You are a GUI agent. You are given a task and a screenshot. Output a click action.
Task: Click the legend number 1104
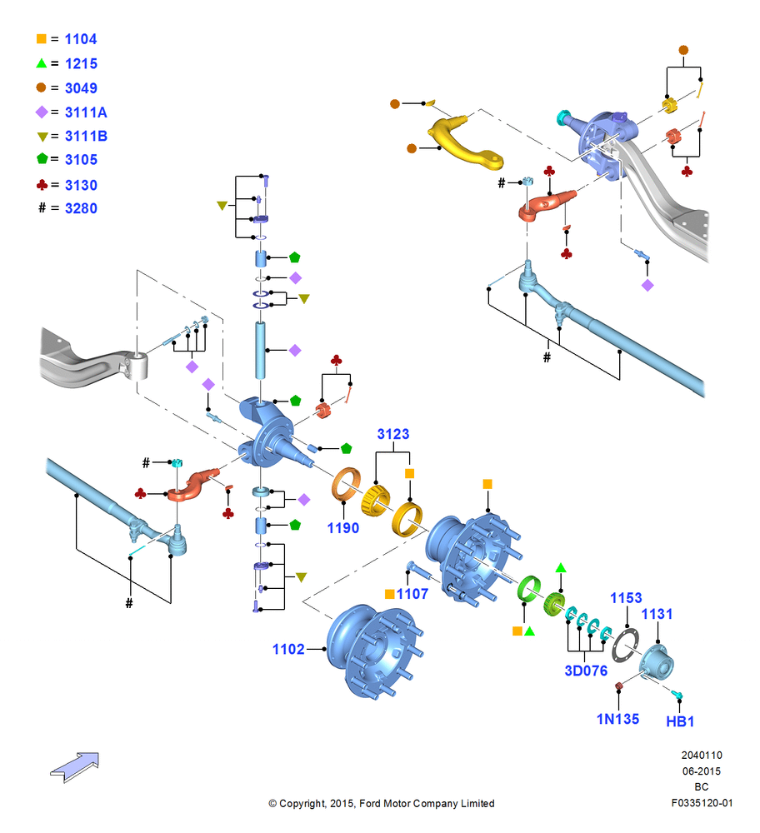tap(81, 39)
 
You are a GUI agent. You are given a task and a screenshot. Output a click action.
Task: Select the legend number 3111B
tap(86, 137)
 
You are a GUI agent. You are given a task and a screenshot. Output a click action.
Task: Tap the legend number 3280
tap(81, 208)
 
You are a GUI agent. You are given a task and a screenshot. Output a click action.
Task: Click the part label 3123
tap(393, 434)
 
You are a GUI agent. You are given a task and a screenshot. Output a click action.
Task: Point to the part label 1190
tap(343, 528)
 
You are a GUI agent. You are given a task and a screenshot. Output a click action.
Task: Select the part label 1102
tap(288, 649)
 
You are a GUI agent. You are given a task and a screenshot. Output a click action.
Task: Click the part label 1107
tap(412, 594)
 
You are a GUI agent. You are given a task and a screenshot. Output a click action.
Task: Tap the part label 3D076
tap(586, 671)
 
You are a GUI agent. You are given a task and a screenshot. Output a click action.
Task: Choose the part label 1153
tap(626, 598)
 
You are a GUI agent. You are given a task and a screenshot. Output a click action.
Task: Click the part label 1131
tap(657, 614)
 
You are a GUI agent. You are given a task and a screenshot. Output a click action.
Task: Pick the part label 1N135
tap(617, 720)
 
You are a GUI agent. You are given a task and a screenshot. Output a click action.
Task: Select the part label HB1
tap(680, 721)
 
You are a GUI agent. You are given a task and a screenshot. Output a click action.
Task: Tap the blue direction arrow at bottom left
tap(74, 767)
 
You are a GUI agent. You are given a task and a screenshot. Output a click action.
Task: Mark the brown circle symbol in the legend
tap(41, 87)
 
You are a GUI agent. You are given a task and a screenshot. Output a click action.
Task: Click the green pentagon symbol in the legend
tap(42, 158)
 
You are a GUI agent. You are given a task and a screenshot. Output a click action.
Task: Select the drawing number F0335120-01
tap(702, 803)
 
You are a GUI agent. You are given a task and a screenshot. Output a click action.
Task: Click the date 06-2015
tap(702, 771)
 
